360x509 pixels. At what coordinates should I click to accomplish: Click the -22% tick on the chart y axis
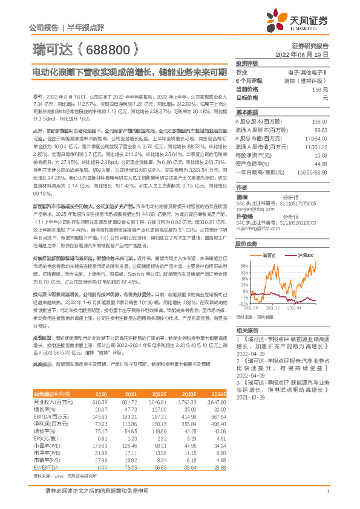(245, 305)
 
